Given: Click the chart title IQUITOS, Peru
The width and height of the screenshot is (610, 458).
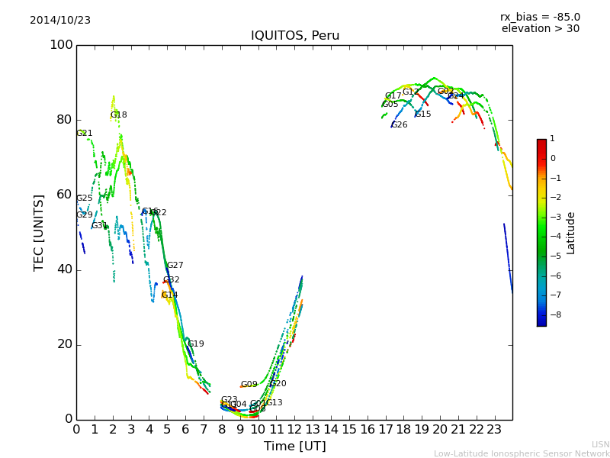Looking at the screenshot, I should coord(295,36).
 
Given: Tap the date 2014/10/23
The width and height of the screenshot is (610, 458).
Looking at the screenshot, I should coord(60,21).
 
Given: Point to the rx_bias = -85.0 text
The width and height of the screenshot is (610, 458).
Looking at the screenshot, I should coord(540,17).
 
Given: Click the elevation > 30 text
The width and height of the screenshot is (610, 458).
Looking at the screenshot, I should coord(540,29).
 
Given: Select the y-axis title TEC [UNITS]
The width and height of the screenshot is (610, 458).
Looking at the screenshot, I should coord(39,232).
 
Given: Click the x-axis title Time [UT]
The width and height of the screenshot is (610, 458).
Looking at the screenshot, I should coord(294,447).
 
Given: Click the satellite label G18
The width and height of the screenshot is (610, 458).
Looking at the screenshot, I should coord(118,115).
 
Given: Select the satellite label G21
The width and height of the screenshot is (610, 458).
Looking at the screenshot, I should coord(84,134).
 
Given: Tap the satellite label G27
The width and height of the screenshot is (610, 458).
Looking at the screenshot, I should coord(175,266).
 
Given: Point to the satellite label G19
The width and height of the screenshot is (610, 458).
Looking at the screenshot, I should coord(195,344).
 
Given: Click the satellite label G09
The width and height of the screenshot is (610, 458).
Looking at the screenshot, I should coord(249,385).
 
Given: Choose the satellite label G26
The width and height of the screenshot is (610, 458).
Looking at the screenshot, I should coord(399,125).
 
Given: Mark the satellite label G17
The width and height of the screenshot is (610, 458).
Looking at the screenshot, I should coord(393,96).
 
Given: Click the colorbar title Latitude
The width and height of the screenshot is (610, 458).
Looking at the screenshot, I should coord(571,233).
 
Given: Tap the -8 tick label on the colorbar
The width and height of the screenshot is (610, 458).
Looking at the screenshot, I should coord(553,313).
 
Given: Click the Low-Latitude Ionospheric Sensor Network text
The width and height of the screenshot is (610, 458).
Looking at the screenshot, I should coord(522,454).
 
